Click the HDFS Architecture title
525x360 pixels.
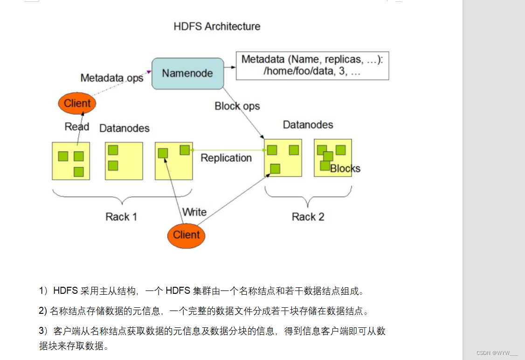tap(217, 26)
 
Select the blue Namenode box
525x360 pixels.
tap(187, 73)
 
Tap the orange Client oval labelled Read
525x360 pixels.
tap(77, 104)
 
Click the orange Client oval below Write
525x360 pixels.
tap(186, 235)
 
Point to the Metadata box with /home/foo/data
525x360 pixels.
tap(312, 66)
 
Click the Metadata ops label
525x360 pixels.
tap(112, 78)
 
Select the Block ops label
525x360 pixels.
tap(237, 106)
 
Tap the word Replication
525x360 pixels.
tap(226, 158)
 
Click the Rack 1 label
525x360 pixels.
tap(121, 217)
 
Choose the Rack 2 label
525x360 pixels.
tap(308, 217)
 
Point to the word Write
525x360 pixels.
tap(194, 212)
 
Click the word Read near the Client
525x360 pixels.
tap(77, 127)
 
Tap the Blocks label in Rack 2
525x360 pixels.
tap(345, 168)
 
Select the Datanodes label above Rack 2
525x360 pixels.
tap(308, 125)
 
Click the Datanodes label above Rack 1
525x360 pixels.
tap(124, 128)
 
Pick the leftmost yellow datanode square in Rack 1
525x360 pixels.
tap(70, 161)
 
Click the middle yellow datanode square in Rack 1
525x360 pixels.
tap(124, 161)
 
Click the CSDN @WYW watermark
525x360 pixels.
tap(497, 353)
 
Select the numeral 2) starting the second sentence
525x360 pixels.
tap(43, 311)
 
